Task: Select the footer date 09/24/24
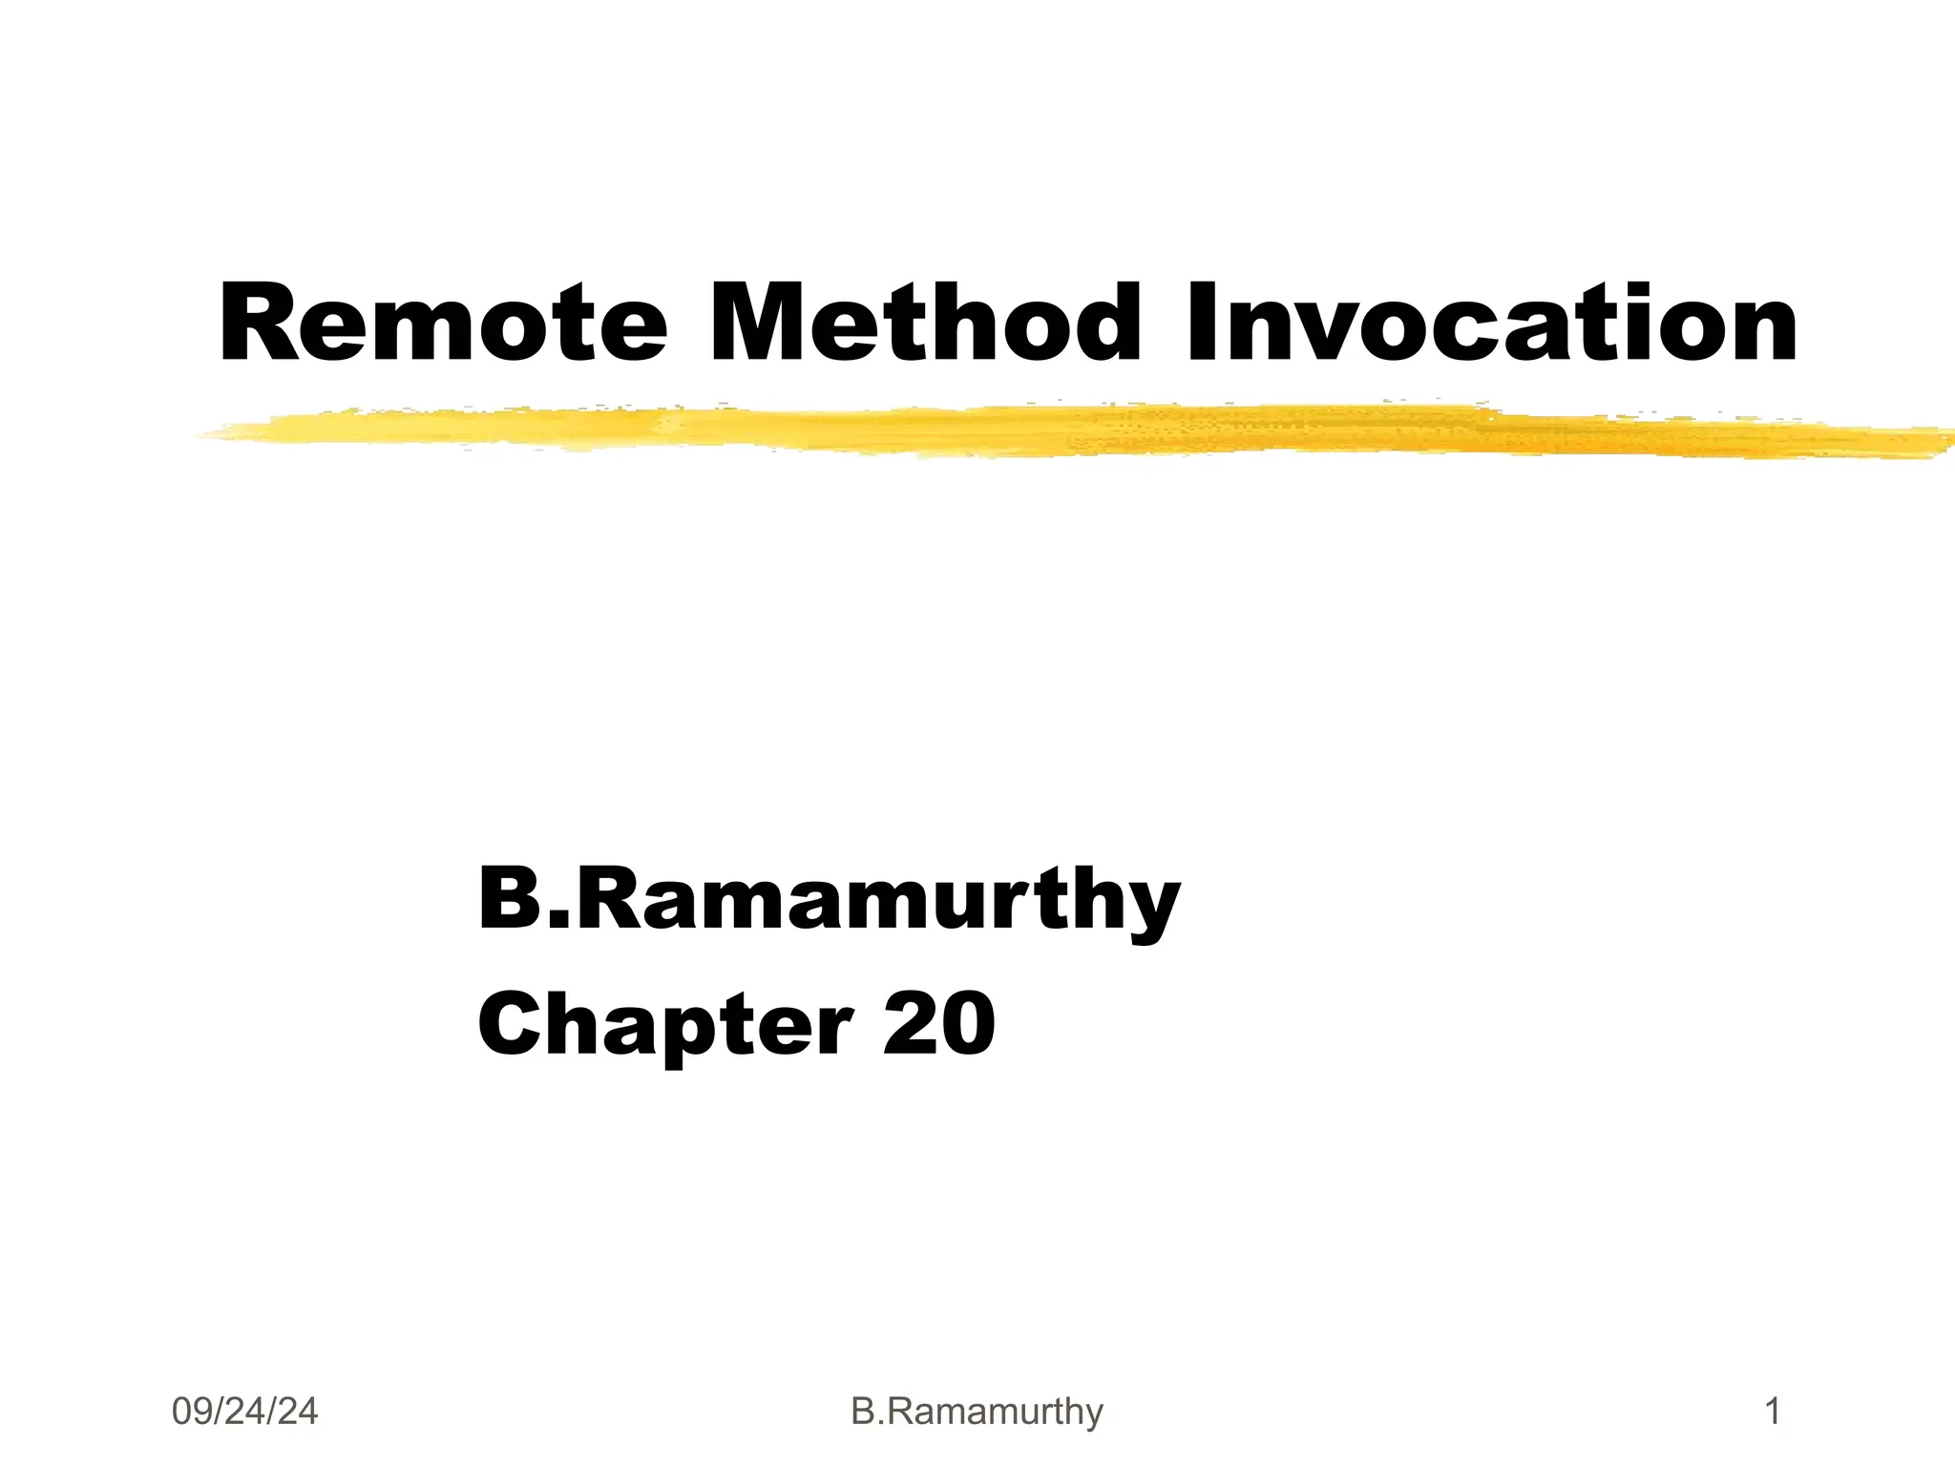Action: click(244, 1411)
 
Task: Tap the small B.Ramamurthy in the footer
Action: click(977, 1411)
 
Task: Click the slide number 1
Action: click(1774, 1411)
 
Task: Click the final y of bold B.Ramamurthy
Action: click(1150, 911)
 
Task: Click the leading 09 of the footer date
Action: click(191, 1411)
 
